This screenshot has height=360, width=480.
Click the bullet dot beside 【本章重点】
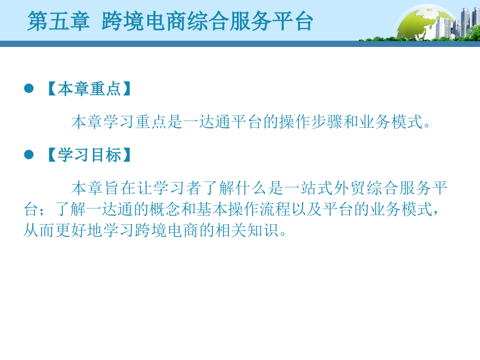click(x=29, y=88)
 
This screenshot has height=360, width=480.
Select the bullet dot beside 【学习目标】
click(x=29, y=154)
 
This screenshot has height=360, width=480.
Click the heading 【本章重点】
click(x=89, y=89)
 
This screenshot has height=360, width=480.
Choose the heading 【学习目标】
click(x=89, y=155)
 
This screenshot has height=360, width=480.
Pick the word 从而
click(x=39, y=230)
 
